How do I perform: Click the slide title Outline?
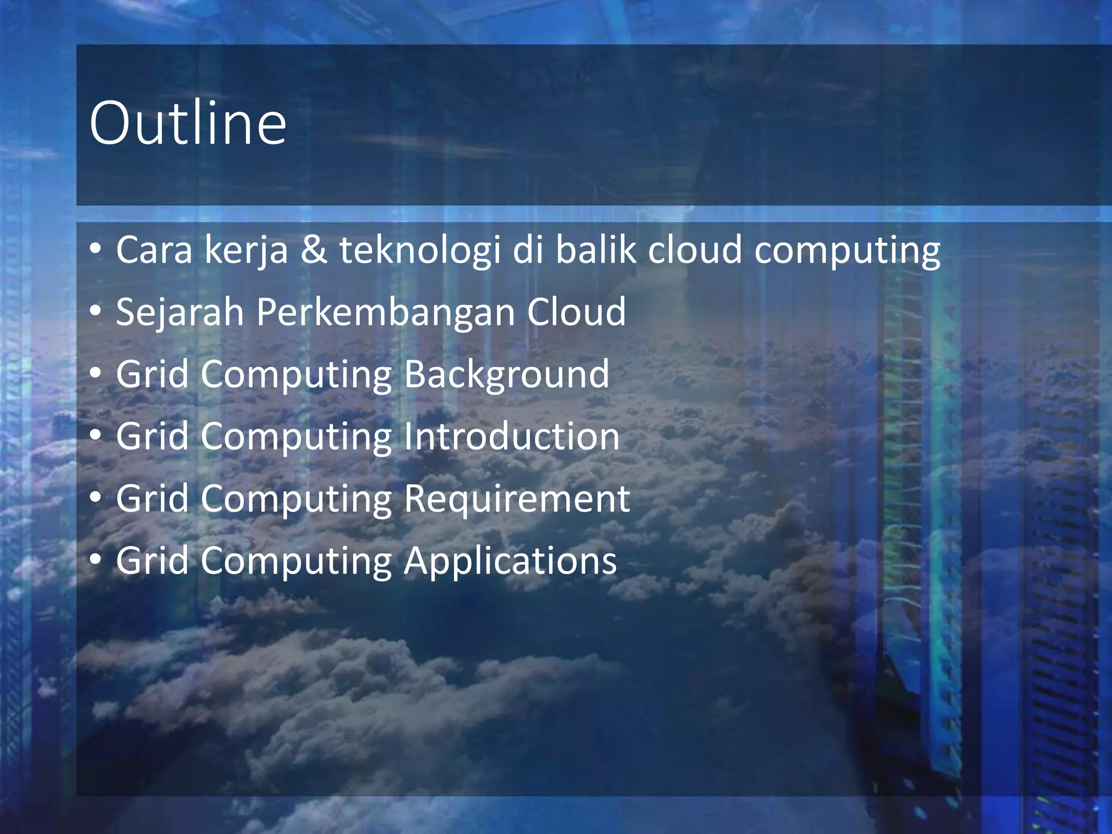pyautogui.click(x=187, y=123)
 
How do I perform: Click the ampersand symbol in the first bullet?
pyautogui.click(x=314, y=250)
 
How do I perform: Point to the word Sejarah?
pyautogui.click(x=180, y=312)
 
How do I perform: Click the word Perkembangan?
pyautogui.click(x=386, y=312)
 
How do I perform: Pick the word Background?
pyautogui.click(x=507, y=374)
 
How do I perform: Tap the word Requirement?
pyautogui.click(x=517, y=498)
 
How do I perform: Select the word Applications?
pyautogui.click(x=510, y=560)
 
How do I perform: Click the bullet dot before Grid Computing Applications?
pyautogui.click(x=96, y=559)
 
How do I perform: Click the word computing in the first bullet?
pyautogui.click(x=847, y=250)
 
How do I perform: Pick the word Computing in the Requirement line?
pyautogui.click(x=296, y=498)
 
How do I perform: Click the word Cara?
pyautogui.click(x=154, y=250)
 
